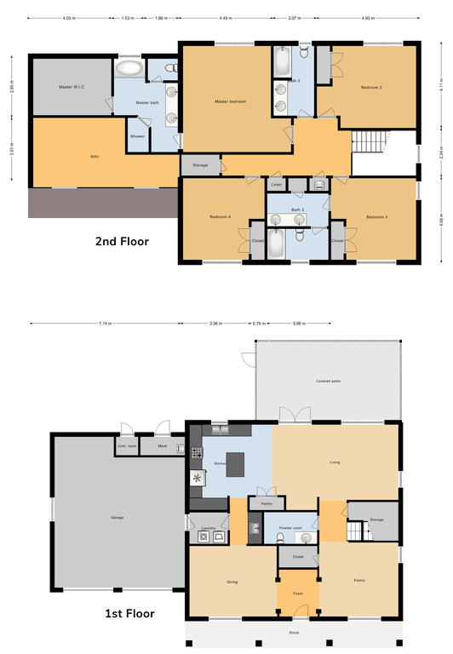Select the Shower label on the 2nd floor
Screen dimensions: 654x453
pos(137,136)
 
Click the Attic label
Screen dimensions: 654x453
pos(95,156)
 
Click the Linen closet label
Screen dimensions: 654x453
pos(276,185)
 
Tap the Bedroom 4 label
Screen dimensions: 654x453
pos(221,217)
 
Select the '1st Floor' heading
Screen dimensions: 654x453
pos(129,612)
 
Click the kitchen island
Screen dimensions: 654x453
pos(232,464)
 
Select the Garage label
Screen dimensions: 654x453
pos(118,518)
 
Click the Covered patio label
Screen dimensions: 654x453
pos(328,381)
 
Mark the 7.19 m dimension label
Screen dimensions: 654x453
pos(105,324)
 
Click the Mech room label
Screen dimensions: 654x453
pos(162,445)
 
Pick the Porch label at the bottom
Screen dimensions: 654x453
pos(294,633)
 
